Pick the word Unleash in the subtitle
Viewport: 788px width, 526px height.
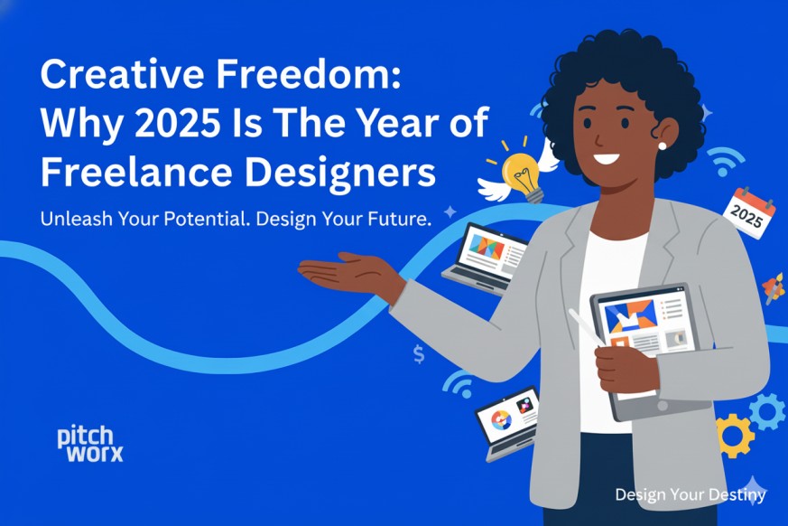point(72,221)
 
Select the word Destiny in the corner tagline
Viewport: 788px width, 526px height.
point(737,494)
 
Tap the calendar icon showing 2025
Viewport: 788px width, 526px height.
point(753,212)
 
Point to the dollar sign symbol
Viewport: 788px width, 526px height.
point(419,354)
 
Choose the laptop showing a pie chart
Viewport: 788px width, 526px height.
point(505,420)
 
